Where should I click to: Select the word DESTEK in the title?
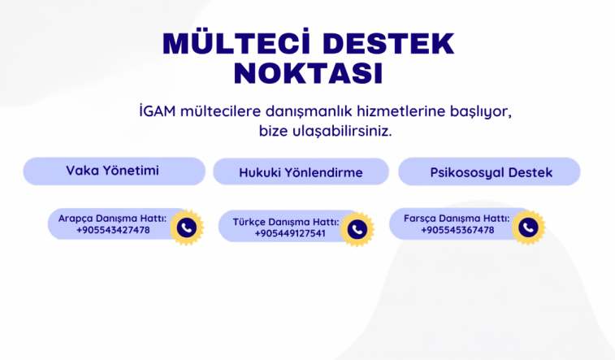click(x=388, y=43)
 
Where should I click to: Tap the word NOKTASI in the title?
click(x=308, y=73)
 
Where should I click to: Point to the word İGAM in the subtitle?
click(x=158, y=111)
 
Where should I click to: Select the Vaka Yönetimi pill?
click(x=114, y=171)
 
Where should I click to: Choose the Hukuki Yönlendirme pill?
click(x=301, y=171)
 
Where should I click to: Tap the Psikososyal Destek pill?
click(x=490, y=171)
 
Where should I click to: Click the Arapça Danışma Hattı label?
click(x=112, y=219)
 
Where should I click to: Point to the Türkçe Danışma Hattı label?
click(x=285, y=222)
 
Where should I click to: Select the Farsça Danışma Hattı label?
click(x=457, y=219)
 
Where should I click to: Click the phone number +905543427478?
click(x=113, y=230)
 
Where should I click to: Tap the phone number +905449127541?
click(x=290, y=233)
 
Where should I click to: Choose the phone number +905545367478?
click(x=457, y=230)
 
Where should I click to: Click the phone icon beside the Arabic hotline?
click(x=187, y=228)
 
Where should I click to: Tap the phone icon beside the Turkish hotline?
click(x=357, y=229)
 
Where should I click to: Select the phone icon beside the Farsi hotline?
click(x=528, y=228)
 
